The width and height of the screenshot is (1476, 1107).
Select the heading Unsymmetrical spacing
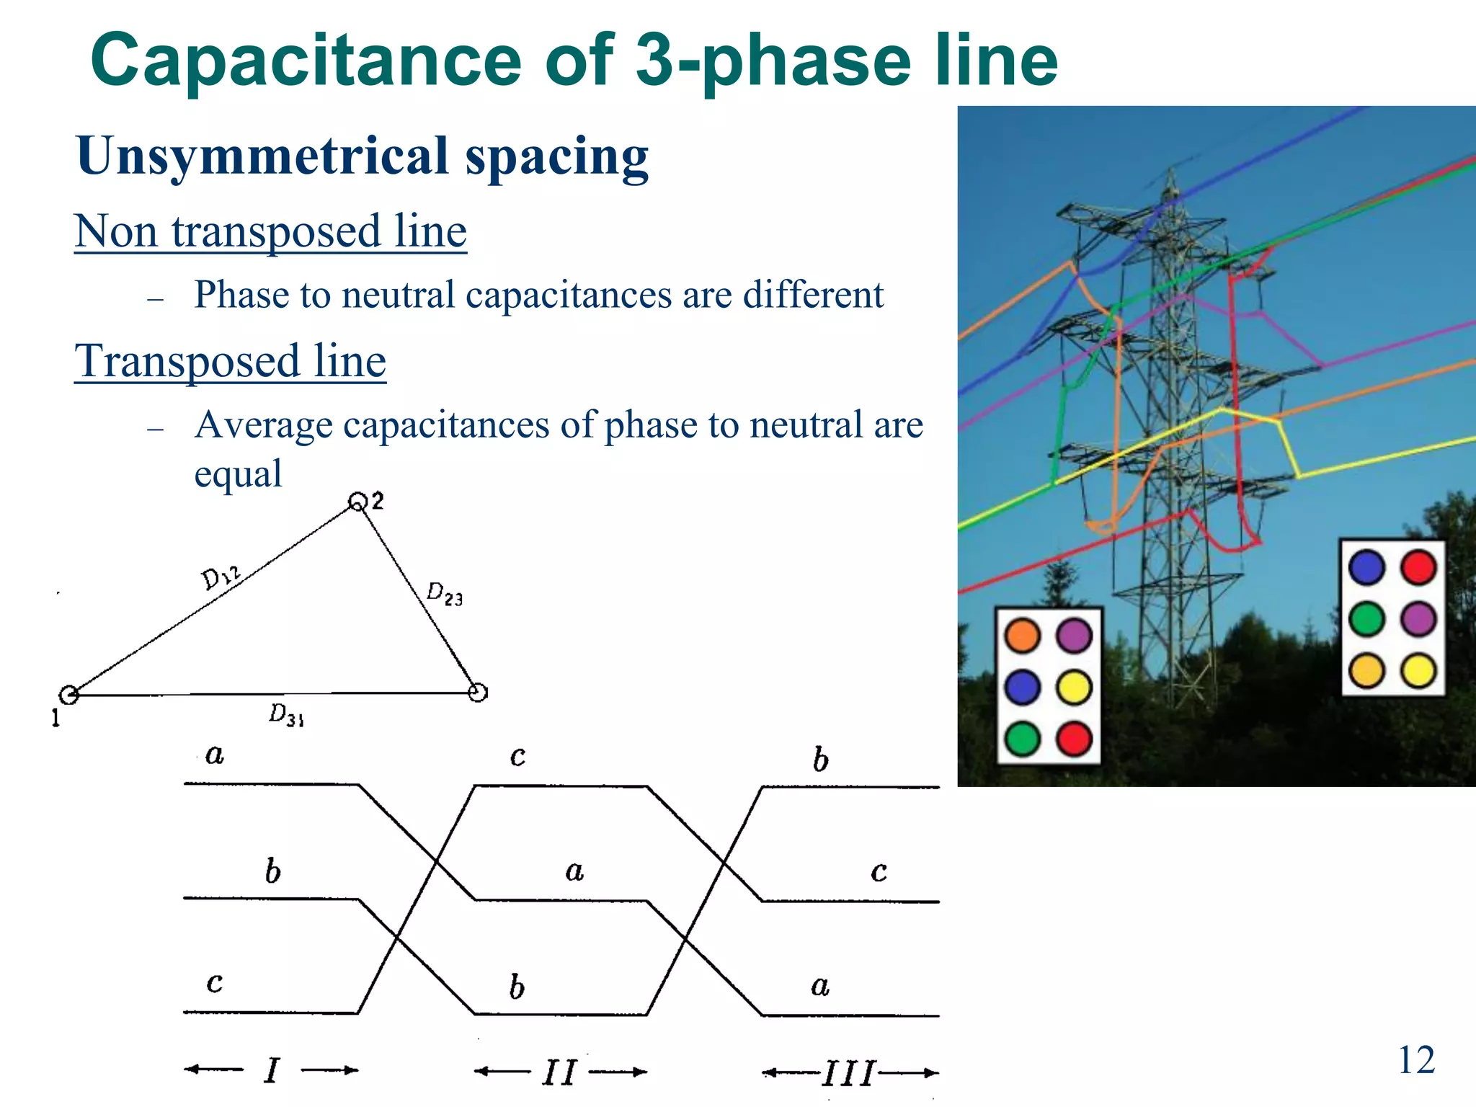coord(362,156)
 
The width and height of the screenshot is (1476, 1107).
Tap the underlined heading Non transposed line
coord(270,231)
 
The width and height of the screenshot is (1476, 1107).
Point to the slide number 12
coord(1415,1059)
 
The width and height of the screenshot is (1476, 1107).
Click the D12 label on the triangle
coord(220,576)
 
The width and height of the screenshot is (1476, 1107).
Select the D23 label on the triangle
coord(444,594)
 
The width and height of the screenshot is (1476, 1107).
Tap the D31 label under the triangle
coord(286,715)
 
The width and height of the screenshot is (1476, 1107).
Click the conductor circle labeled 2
coord(357,502)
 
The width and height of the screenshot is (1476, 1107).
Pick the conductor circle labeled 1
coord(68,695)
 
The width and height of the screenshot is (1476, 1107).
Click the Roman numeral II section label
coord(559,1072)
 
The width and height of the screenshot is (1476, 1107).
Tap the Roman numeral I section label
coord(272,1070)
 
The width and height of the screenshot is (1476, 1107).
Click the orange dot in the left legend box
coord(1022,636)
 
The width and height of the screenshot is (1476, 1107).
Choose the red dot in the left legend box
coord(1074,739)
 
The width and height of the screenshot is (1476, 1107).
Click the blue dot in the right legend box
coord(1366,566)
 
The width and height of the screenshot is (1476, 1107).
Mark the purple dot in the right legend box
coord(1418,618)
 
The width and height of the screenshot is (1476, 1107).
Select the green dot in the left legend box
coord(1022,739)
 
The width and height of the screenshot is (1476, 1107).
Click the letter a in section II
coord(574,872)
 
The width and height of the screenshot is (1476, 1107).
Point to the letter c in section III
coord(879,872)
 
